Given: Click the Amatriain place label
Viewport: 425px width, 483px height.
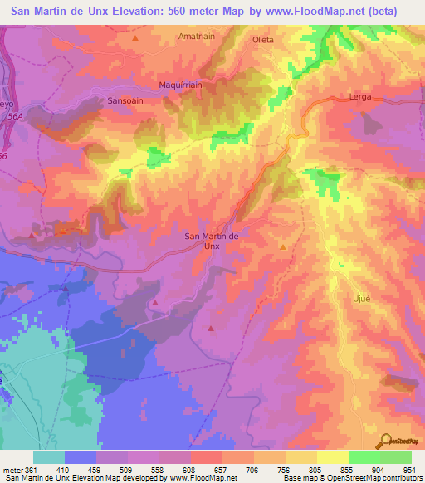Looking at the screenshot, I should point(195,37).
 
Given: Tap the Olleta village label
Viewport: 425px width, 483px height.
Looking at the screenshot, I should point(264,39).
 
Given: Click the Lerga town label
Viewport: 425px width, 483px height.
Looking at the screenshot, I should point(360,97).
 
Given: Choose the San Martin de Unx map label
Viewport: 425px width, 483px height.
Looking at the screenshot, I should point(211,241).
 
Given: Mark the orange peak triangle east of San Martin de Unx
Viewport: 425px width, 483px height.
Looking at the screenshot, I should point(282,247).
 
